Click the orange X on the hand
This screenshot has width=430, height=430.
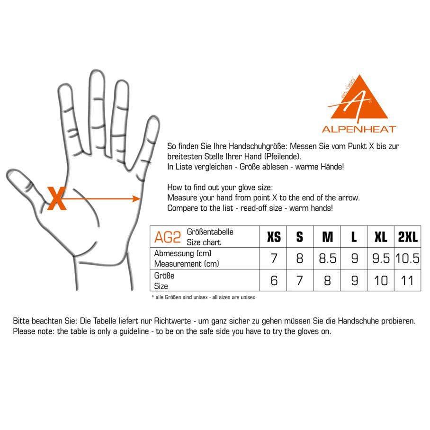[57, 198]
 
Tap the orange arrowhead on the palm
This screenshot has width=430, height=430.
[136, 198]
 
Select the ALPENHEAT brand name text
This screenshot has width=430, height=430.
[359, 129]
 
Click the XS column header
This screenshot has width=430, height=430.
[274, 237]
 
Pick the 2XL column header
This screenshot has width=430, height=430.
[408, 237]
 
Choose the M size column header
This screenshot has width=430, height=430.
[327, 237]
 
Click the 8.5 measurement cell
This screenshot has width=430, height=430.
[327, 258]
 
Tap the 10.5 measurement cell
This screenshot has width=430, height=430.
[407, 258]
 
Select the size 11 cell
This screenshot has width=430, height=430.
[407, 280]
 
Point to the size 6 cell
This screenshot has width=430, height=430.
[274, 280]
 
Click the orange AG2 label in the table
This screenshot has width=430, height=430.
[168, 237]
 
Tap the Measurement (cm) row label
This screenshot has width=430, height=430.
[187, 263]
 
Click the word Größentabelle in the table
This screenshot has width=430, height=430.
[210, 232]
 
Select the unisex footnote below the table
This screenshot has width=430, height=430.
[203, 297]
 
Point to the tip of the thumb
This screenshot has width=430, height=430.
[10, 173]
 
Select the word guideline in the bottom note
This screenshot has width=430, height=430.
[134, 331]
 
